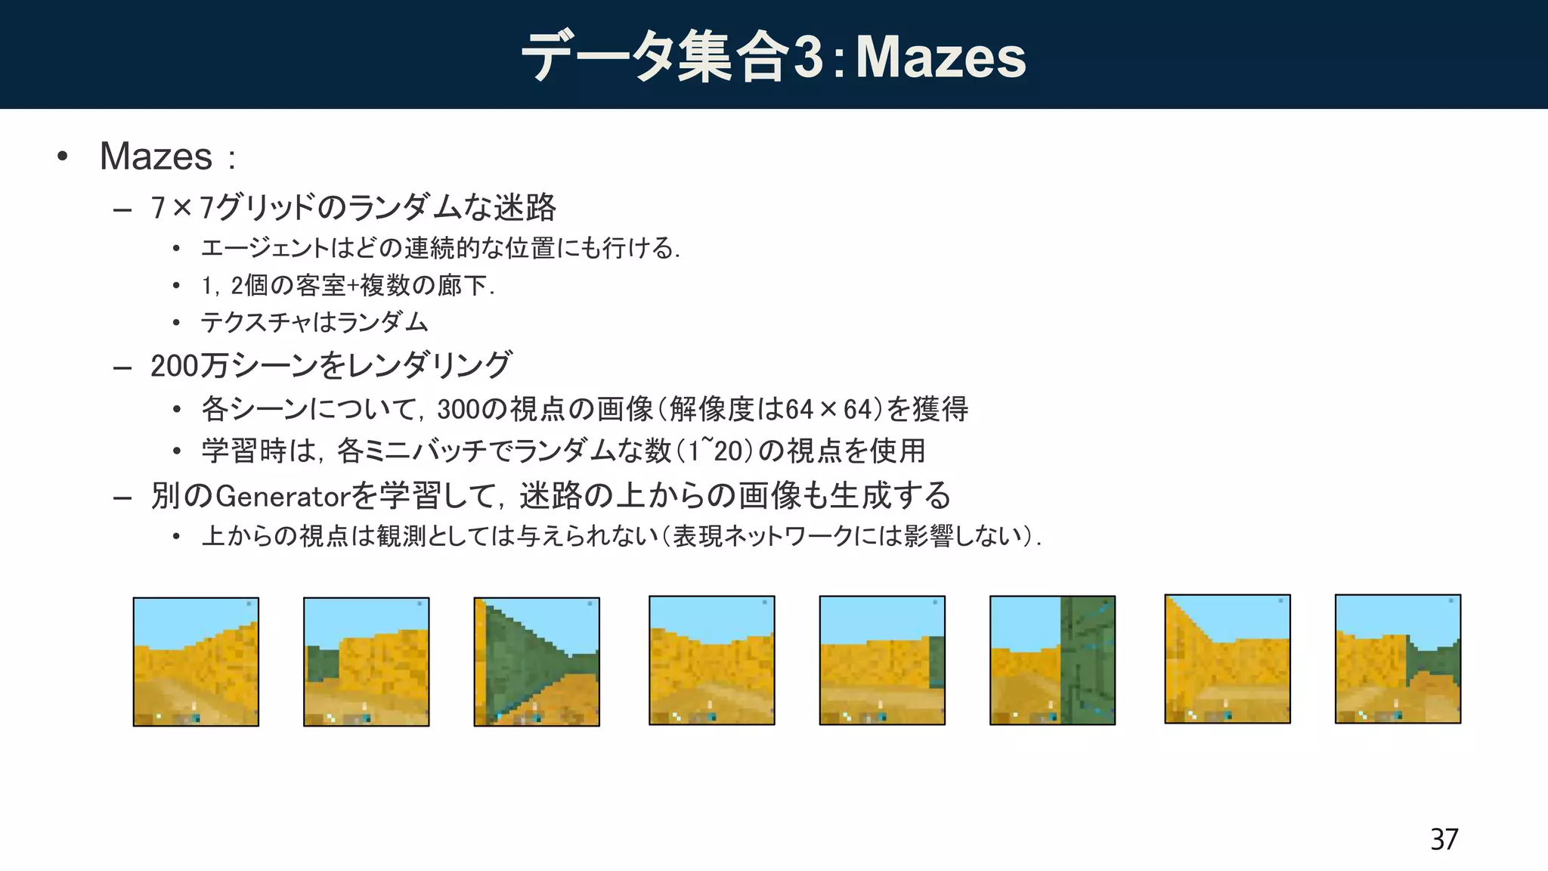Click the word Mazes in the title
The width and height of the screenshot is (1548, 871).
point(940,57)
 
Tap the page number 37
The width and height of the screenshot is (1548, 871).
point(1444,839)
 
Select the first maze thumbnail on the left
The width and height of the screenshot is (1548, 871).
point(196,662)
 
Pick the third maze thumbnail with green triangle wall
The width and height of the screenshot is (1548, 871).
point(537,662)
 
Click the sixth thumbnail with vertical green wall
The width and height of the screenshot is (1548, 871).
point(1052,660)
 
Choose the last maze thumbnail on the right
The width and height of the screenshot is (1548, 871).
point(1398,659)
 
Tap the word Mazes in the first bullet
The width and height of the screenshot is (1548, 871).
point(156,157)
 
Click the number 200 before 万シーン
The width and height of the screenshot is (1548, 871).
point(174,366)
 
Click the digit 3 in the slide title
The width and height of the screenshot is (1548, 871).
point(808,57)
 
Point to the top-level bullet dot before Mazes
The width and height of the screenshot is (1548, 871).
point(63,157)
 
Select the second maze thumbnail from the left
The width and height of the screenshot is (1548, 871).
point(367,662)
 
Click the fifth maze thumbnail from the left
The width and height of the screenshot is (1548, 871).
point(882,660)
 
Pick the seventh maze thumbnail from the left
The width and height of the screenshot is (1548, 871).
point(1228,659)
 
